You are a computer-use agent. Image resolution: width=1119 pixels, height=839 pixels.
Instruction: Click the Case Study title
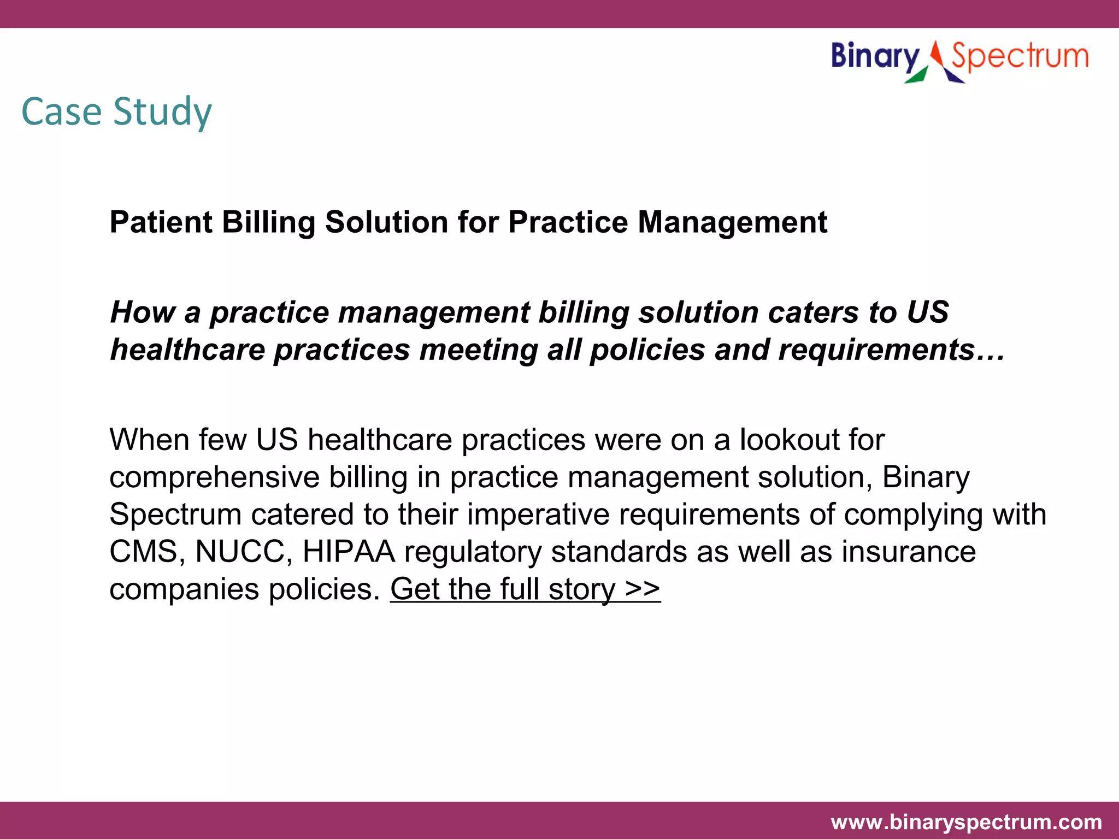[116, 112]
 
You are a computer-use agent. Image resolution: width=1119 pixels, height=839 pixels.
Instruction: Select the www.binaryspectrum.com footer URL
[966, 822]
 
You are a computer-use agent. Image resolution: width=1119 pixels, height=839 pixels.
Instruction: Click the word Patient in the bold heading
[161, 222]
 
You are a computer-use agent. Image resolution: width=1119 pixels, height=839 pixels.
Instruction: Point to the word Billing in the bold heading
[268, 222]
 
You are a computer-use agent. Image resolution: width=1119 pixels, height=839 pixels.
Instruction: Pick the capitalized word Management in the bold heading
[732, 222]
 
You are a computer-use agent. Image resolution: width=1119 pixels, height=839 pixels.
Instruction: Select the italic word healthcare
[187, 350]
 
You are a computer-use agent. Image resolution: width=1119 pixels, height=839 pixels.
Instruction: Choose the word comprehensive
[214, 477]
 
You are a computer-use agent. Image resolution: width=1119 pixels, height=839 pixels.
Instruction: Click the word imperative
[538, 515]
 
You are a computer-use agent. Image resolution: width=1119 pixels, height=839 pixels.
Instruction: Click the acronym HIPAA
[349, 552]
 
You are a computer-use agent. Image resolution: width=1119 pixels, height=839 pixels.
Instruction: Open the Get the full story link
[525, 589]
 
